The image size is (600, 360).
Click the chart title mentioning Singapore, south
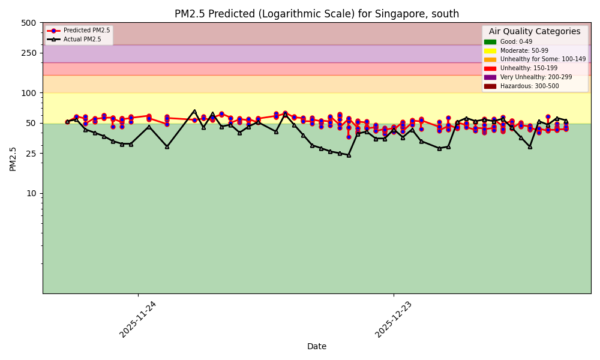[317, 14]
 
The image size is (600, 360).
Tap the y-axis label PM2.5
[13, 158]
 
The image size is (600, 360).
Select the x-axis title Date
[317, 346]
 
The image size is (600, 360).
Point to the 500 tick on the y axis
[29, 23]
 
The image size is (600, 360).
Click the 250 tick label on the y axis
[29, 53]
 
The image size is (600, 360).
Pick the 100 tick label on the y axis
[29, 93]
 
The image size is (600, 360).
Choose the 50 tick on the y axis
[31, 123]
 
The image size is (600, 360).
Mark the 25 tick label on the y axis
[31, 154]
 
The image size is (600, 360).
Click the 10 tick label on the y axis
[31, 193]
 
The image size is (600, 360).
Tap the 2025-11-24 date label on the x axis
[139, 319]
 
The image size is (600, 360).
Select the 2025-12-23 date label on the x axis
[394, 319]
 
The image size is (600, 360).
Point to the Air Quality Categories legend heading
[535, 32]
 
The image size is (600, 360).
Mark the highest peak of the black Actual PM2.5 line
[194, 111]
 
